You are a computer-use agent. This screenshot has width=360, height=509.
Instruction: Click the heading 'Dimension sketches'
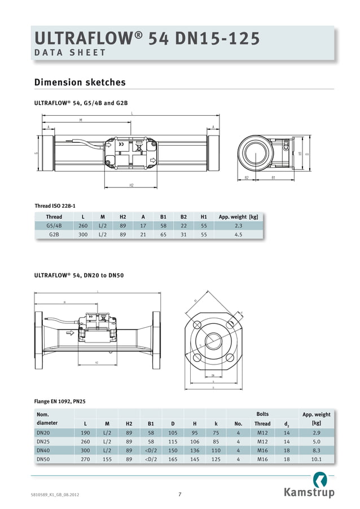[80, 82]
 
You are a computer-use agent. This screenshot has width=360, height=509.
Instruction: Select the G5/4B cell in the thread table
[54, 225]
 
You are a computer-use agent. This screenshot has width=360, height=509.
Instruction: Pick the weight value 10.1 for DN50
[317, 459]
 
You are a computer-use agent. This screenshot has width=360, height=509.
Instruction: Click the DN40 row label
[43, 450]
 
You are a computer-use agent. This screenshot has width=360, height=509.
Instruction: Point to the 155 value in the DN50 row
[107, 459]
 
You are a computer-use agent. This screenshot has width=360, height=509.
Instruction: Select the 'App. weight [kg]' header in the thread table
[238, 217]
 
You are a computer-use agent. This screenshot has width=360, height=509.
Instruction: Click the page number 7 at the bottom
[179, 494]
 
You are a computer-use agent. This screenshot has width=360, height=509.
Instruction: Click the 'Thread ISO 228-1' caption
[55, 206]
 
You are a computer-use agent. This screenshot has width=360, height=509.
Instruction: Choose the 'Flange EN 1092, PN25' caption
[60, 401]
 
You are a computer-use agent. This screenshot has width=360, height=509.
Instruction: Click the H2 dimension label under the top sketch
[131, 185]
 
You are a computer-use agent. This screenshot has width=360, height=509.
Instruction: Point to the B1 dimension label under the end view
[273, 178]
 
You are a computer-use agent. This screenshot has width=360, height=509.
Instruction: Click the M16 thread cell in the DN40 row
[262, 450]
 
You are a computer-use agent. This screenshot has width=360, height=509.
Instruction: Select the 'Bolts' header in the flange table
[262, 414]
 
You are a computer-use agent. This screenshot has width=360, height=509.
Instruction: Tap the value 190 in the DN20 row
[85, 432]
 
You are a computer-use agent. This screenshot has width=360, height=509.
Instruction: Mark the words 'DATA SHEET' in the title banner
[71, 52]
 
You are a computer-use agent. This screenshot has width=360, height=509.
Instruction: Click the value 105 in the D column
[173, 432]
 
